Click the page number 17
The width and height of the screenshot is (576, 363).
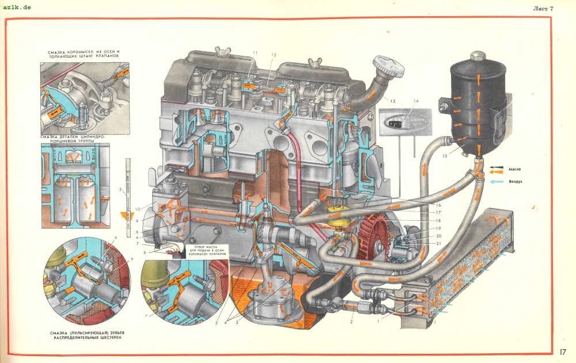coord(563,351)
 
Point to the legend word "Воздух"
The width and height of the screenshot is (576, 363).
coord(516,181)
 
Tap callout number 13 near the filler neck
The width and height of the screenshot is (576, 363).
coord(392,101)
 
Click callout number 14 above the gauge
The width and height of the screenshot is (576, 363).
coord(416,101)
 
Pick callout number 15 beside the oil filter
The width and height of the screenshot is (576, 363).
coord(445,156)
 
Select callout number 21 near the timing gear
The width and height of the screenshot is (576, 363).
coord(438,244)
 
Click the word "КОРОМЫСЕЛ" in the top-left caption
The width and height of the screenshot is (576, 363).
coord(81,52)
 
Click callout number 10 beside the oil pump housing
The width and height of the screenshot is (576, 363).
coord(138,209)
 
